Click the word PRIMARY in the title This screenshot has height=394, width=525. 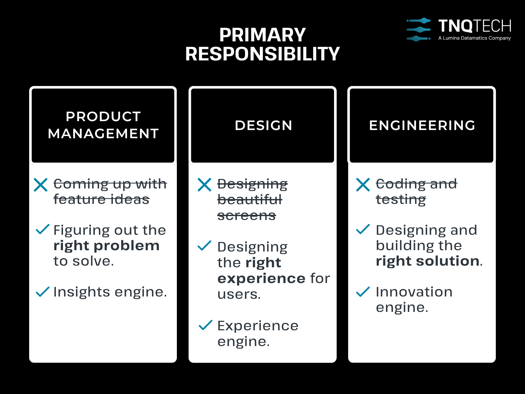(262, 35)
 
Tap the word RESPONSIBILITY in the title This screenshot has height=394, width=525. (262, 54)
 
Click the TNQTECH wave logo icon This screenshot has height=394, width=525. (419, 30)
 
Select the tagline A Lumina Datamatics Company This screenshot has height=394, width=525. (474, 38)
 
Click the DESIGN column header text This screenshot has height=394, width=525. (263, 125)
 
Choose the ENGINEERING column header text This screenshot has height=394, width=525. (422, 125)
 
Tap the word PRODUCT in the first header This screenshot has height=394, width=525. (103, 117)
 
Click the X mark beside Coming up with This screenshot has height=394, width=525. (41, 185)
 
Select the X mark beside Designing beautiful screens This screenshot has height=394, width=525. (204, 185)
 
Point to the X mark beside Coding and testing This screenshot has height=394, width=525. (363, 185)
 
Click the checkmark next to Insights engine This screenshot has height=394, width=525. (43, 292)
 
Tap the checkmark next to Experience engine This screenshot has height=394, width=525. (205, 325)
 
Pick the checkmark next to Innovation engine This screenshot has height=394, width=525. (363, 292)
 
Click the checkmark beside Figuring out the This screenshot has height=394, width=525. (43, 229)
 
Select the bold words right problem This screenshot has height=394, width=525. (106, 246)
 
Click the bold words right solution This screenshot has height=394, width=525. (428, 261)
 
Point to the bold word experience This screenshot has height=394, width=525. (261, 278)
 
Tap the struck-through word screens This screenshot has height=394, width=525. (247, 216)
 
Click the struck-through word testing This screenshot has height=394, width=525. (401, 200)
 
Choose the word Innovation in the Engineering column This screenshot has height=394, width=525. (414, 292)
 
